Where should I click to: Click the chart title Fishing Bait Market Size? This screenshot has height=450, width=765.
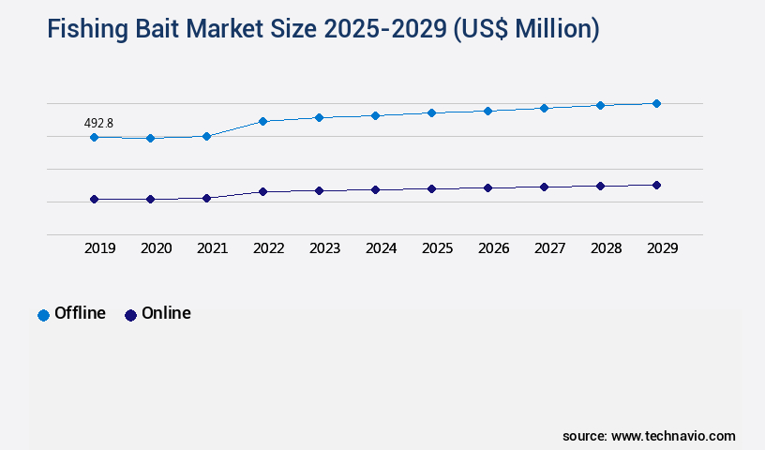(x=323, y=29)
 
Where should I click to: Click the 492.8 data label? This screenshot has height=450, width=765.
(x=99, y=123)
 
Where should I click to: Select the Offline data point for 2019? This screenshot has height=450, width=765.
(x=94, y=137)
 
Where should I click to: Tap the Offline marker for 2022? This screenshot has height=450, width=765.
(x=262, y=121)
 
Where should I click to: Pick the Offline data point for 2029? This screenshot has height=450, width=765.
(x=656, y=103)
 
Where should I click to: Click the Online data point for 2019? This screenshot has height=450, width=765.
(x=94, y=199)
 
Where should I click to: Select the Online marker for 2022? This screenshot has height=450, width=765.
(x=262, y=191)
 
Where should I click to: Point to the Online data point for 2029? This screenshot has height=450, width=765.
(x=656, y=185)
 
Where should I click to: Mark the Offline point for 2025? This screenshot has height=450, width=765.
(x=431, y=112)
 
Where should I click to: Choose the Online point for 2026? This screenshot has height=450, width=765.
(x=487, y=187)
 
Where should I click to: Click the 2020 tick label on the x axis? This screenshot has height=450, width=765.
(x=156, y=248)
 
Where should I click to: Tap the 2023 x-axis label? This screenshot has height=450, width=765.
(x=324, y=248)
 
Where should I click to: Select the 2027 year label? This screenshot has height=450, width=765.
(x=549, y=248)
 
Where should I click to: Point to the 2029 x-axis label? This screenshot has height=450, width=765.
(x=662, y=248)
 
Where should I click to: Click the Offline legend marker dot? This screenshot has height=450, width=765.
(x=43, y=315)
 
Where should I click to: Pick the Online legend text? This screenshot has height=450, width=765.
(x=166, y=313)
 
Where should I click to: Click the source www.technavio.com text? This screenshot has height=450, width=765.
(x=649, y=436)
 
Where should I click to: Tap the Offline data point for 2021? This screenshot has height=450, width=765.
(x=206, y=136)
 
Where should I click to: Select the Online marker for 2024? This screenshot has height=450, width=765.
(x=375, y=189)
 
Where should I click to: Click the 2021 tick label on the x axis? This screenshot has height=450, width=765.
(x=212, y=248)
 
